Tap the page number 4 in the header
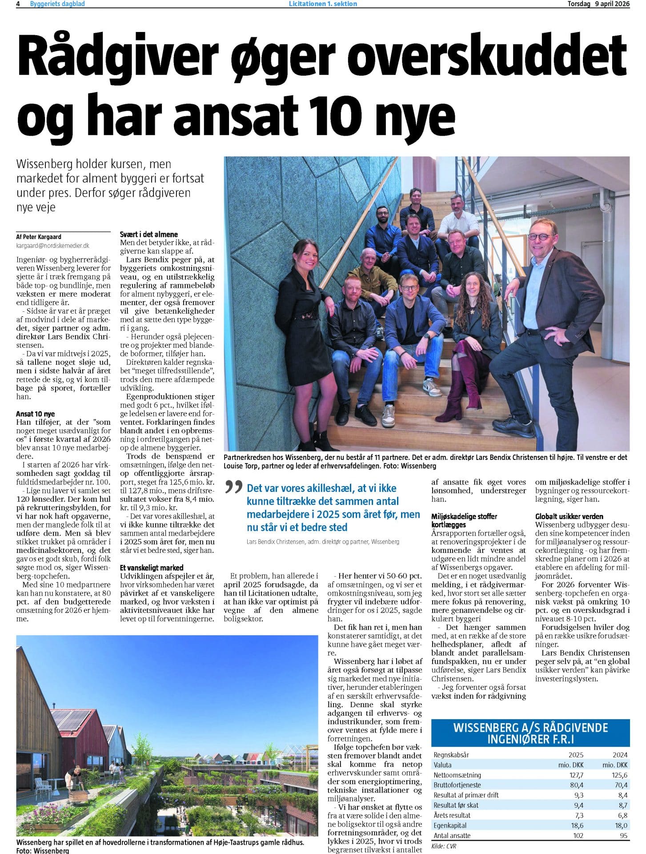click(x=18, y=4)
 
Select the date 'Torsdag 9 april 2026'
click(x=598, y=4)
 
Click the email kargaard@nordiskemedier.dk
click(x=52, y=245)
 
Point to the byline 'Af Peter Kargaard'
click(x=39, y=237)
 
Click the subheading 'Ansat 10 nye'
click(x=36, y=414)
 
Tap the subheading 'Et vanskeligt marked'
click(x=152, y=568)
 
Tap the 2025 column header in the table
click(x=576, y=754)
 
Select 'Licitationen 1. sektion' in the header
click(x=323, y=4)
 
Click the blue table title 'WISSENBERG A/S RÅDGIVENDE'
click(x=530, y=728)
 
